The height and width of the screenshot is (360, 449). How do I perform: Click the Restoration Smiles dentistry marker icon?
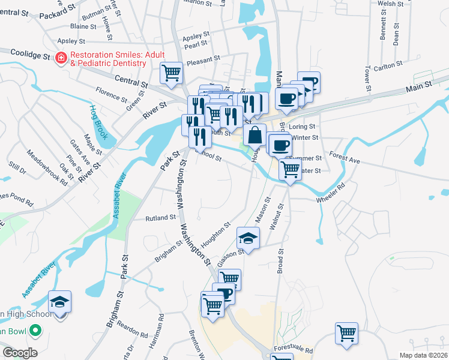(x=61, y=58)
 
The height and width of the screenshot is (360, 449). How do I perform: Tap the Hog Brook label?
(x=99, y=122)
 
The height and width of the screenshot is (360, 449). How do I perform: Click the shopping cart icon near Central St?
(x=171, y=73)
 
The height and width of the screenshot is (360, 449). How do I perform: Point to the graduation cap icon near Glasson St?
(x=248, y=238)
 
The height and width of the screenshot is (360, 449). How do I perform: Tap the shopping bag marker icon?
(x=255, y=134)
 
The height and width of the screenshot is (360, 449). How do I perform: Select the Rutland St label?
(x=161, y=218)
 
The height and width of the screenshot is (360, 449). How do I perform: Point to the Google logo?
(x=20, y=353)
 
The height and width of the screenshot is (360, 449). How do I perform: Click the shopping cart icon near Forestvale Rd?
(x=347, y=334)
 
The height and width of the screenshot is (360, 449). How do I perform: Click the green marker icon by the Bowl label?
(x=36, y=330)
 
